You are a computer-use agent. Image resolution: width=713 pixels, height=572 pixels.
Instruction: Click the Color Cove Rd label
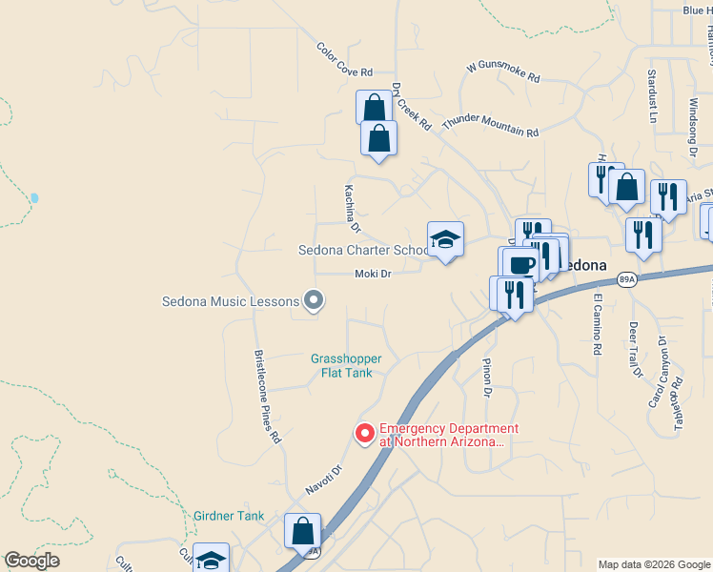pyautogui.click(x=344, y=59)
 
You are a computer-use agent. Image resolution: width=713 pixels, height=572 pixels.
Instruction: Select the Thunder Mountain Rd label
pyautogui.click(x=491, y=126)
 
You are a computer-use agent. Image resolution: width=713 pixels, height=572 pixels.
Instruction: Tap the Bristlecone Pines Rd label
pyautogui.click(x=268, y=397)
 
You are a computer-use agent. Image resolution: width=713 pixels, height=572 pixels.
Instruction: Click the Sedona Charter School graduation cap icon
pyautogui.click(x=445, y=238)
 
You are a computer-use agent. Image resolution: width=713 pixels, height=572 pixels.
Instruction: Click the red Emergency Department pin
pyautogui.click(x=364, y=433)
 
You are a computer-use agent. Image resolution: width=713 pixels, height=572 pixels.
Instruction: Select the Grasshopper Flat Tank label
pyautogui.click(x=346, y=365)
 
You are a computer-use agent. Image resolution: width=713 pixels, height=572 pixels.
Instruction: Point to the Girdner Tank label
pyautogui.click(x=228, y=516)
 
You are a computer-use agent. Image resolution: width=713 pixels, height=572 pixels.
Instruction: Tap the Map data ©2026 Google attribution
pyautogui.click(x=653, y=564)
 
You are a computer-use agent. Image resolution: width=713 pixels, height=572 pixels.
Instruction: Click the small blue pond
pyautogui.click(x=34, y=198)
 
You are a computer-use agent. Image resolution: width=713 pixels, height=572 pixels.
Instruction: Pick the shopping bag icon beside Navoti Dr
pyautogui.click(x=302, y=530)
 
